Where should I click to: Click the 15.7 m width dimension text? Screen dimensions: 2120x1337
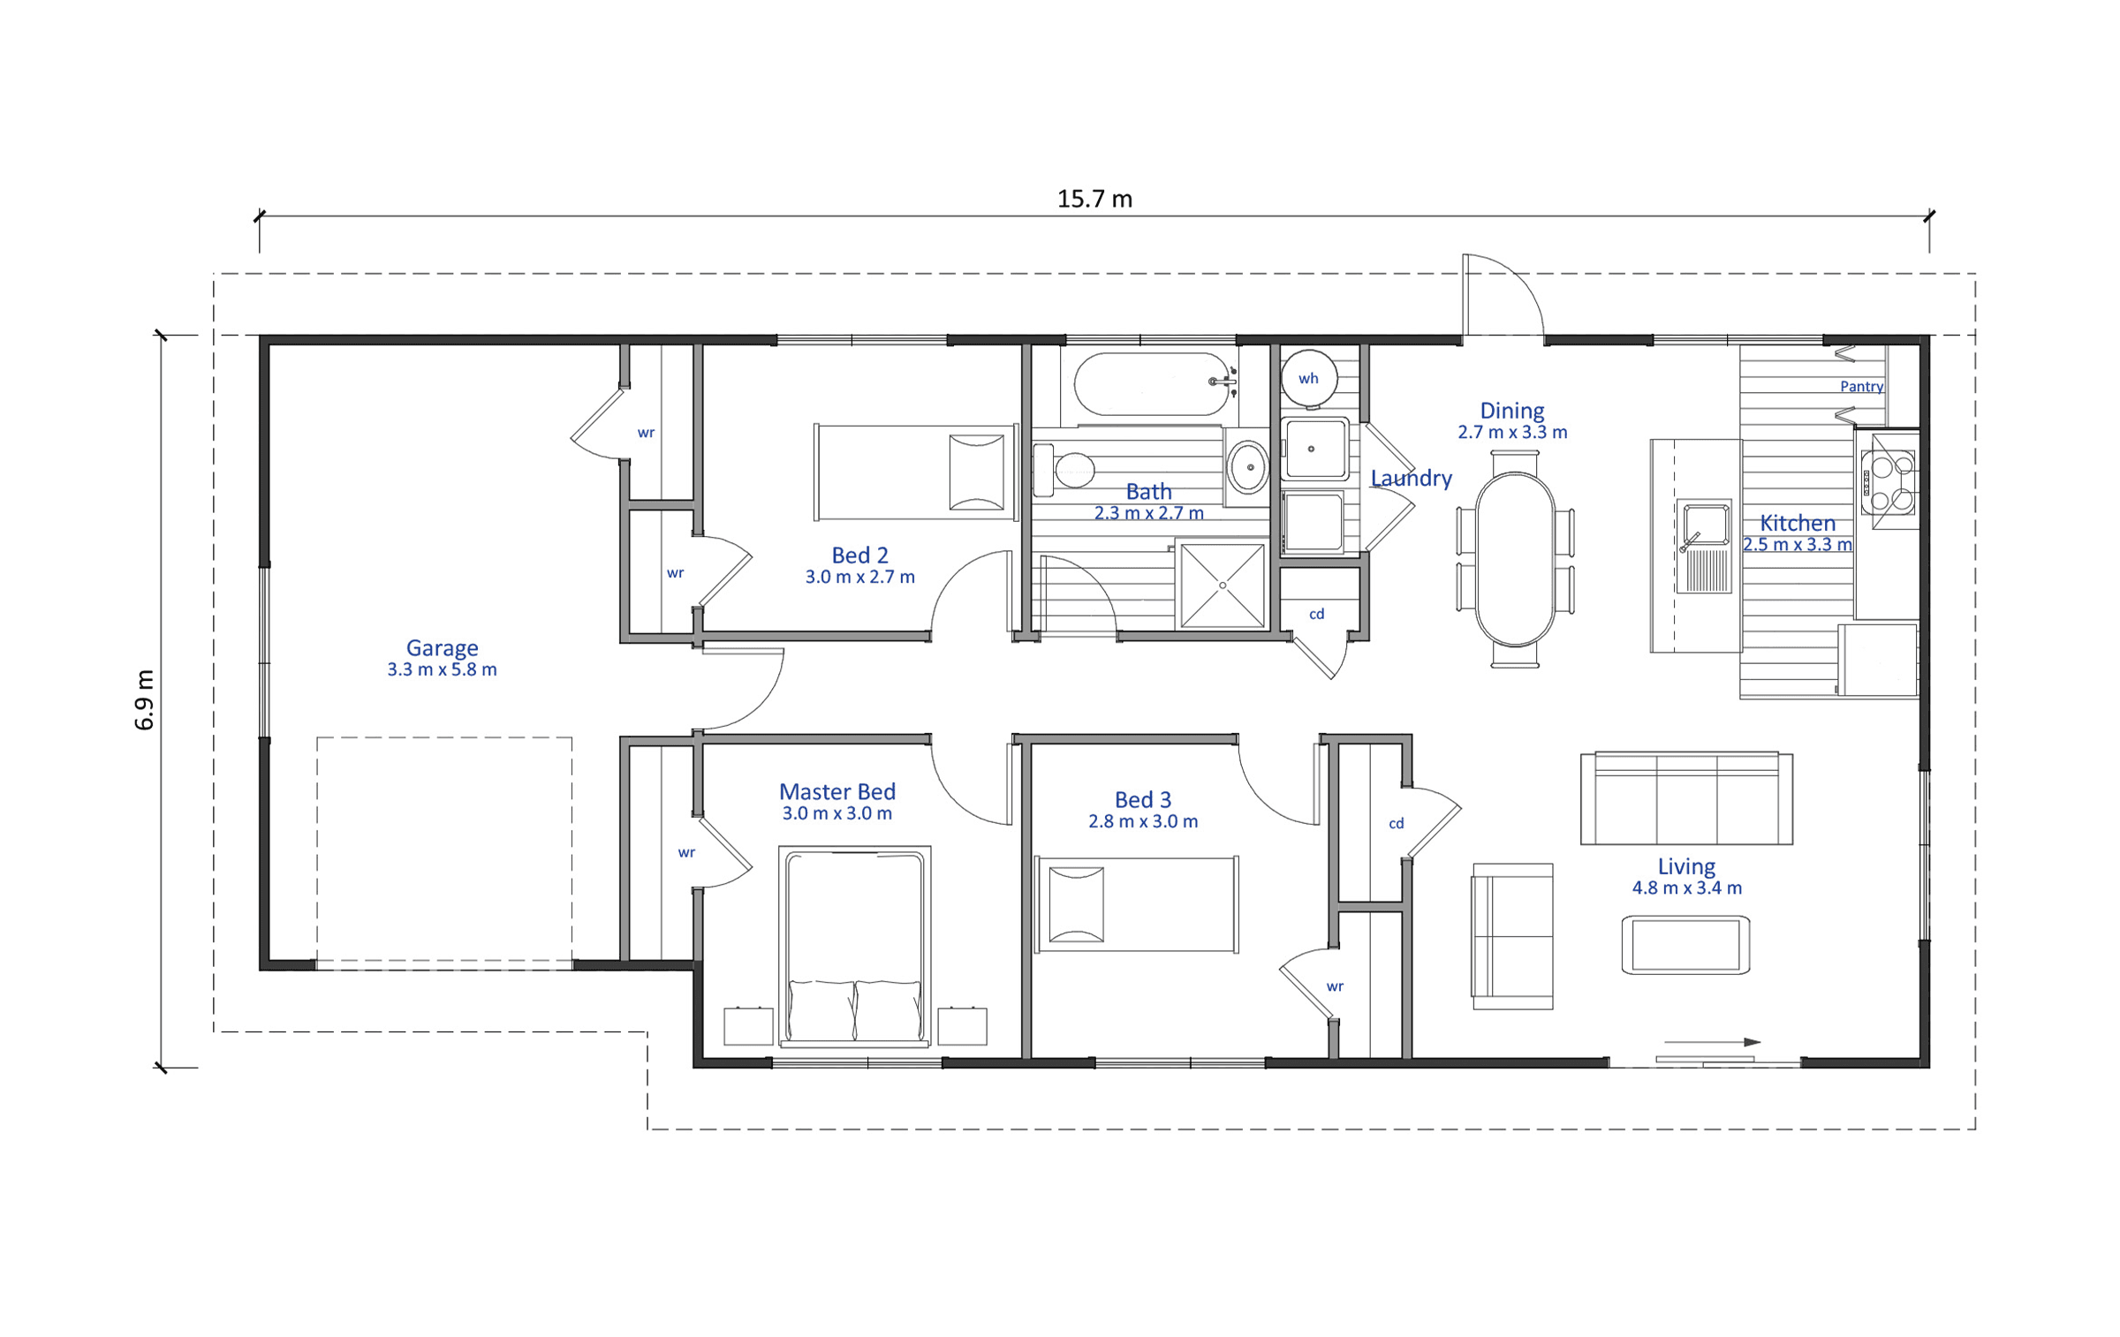[x=1094, y=200]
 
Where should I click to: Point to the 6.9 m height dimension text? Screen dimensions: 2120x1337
[x=145, y=700]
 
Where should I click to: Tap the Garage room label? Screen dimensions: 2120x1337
[x=442, y=648]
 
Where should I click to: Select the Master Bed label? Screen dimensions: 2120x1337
[x=837, y=791]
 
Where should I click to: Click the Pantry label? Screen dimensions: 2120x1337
[x=1861, y=387]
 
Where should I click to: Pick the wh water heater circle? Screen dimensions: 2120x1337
[x=1308, y=378]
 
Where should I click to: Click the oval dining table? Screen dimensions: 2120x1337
[x=1515, y=559]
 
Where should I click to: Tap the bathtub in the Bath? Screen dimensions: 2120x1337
[x=1152, y=384]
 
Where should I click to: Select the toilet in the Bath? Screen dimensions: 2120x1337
[x=1064, y=470]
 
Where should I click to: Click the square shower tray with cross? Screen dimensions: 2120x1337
[x=1223, y=585]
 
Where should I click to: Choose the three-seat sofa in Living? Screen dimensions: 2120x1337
[x=1686, y=798]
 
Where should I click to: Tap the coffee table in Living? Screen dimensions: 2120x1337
[x=1685, y=945]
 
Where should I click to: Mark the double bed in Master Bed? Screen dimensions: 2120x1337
[x=854, y=947]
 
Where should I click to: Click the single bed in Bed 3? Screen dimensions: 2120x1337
[x=1136, y=904]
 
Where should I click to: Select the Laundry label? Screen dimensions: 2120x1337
[x=1412, y=478]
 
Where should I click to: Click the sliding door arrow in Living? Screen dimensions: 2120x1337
[x=1713, y=1042]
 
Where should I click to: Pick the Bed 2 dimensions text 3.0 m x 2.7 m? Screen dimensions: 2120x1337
[x=859, y=577]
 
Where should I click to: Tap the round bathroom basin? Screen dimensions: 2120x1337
[x=1249, y=467]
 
